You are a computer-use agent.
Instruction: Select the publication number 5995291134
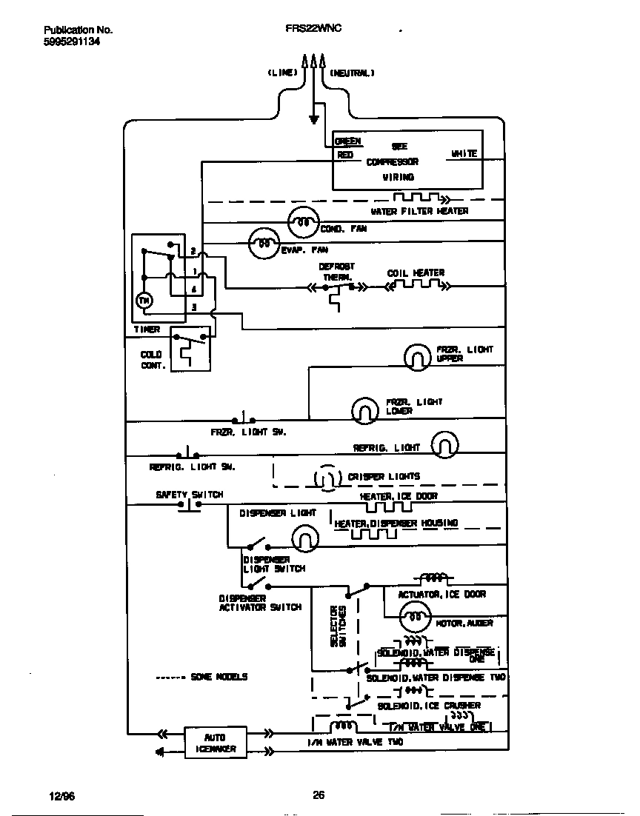(72, 42)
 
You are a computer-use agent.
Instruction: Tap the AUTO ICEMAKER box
(216, 743)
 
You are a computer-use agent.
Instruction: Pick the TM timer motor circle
(144, 300)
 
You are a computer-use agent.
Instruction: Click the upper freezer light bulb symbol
(418, 357)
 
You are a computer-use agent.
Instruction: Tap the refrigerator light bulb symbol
(444, 445)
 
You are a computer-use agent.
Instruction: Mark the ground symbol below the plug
(313, 118)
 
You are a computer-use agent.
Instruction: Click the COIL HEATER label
(416, 273)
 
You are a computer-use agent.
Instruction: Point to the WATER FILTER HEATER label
(419, 212)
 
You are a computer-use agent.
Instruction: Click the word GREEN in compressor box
(348, 141)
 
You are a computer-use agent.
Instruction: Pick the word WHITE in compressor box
(464, 154)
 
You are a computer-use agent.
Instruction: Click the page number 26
(319, 795)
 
